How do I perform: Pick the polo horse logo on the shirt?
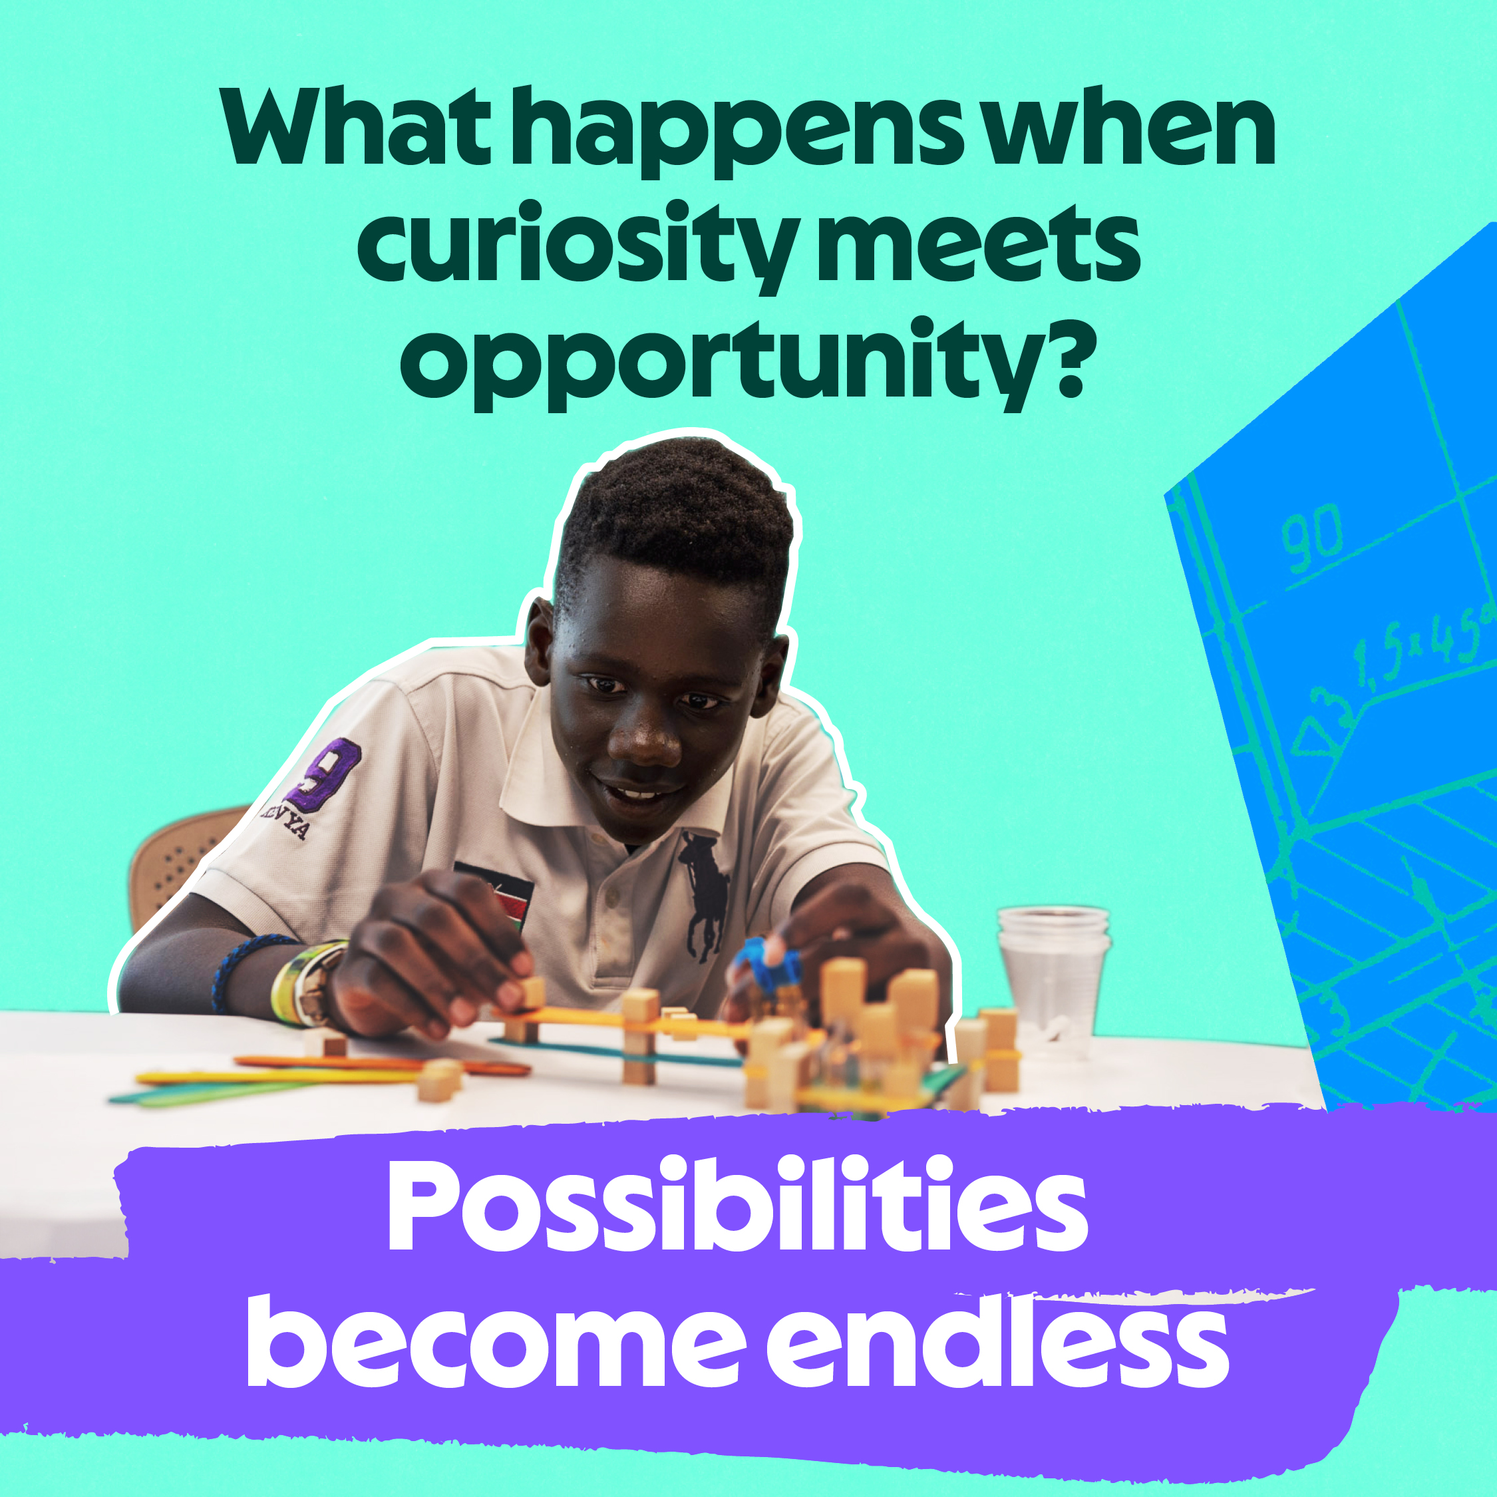coord(705,895)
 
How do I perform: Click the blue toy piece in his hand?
coord(767,965)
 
